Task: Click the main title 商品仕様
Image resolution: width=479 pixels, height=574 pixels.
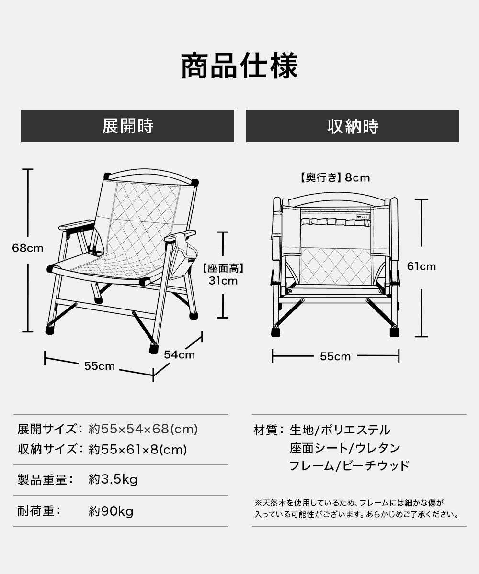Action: tap(239, 66)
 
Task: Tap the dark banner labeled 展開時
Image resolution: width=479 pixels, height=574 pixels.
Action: tap(127, 126)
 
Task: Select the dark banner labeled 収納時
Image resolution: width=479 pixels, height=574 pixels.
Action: tap(353, 126)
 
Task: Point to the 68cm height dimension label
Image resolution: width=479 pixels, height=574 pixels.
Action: tap(28, 248)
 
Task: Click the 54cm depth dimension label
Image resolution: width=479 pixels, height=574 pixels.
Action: tap(179, 354)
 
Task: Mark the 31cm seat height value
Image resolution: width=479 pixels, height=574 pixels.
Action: tap(223, 281)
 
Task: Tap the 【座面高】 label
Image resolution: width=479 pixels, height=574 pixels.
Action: tap(223, 269)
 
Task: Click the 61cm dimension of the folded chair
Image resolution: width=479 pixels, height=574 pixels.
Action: tap(422, 266)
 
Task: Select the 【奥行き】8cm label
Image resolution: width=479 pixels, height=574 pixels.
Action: tap(335, 178)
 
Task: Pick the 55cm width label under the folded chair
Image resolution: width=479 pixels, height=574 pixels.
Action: tap(335, 356)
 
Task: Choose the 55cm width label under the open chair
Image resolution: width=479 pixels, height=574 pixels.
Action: tap(100, 366)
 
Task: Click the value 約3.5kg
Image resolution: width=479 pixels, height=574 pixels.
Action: tap(113, 479)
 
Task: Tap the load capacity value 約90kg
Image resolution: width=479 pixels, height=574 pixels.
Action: tap(111, 511)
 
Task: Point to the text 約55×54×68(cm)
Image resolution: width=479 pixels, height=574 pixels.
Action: tap(143, 429)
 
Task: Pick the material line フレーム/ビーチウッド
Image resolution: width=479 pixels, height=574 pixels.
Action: tap(349, 465)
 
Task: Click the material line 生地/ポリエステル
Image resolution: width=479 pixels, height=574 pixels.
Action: tap(340, 430)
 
